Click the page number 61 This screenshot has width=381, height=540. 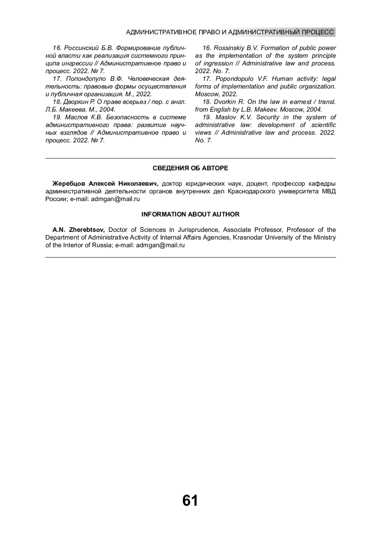pos(190,501)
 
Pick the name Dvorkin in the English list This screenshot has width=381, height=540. pos(225,102)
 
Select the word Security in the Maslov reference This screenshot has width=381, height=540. pos(268,117)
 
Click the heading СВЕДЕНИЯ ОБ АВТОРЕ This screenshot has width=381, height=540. pos(190,168)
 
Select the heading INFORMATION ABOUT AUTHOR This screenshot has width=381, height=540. pos(190,214)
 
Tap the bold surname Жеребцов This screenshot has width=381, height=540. pos(69,184)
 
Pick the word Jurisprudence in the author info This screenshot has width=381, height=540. pos(198,230)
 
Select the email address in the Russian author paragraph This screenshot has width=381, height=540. pos(115,199)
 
